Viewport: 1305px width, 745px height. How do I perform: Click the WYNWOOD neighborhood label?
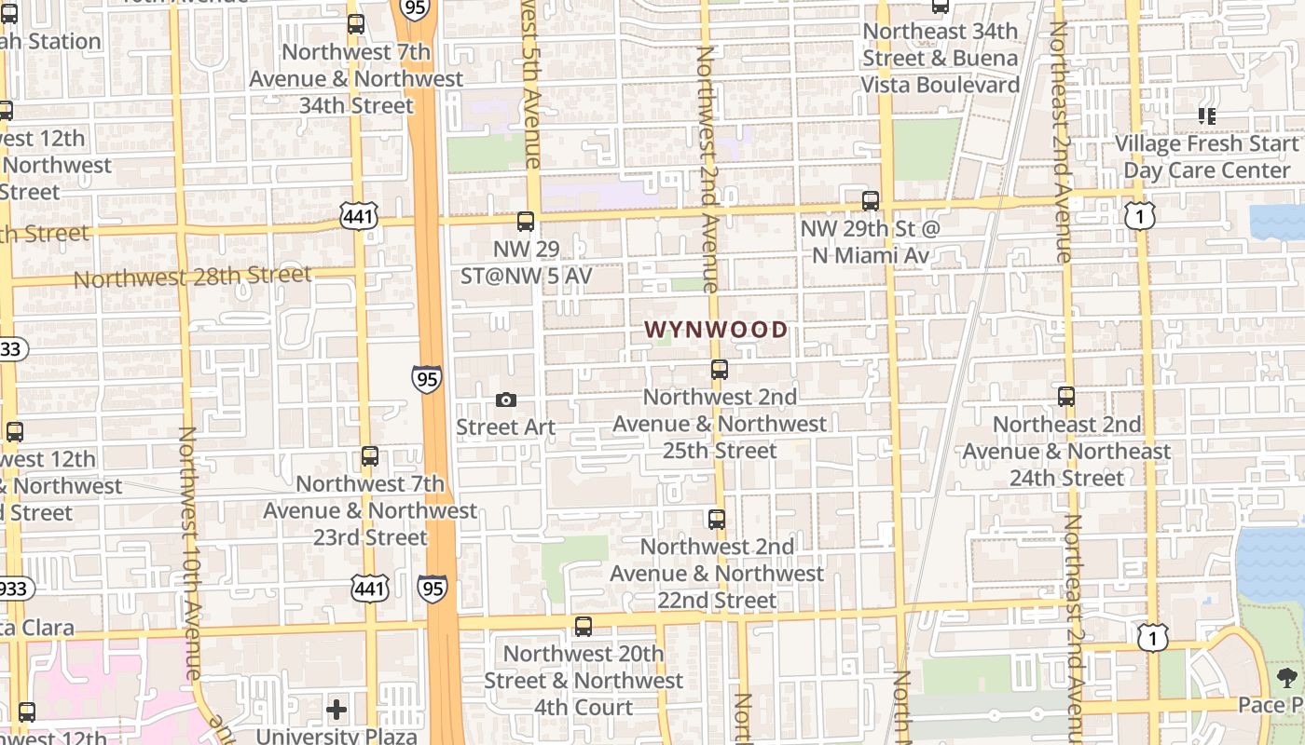716,330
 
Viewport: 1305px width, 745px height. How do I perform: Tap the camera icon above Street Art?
506,400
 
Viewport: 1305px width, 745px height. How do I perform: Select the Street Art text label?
505,427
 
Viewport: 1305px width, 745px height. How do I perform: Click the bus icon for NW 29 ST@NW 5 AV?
526,222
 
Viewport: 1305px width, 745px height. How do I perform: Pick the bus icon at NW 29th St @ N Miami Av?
871,200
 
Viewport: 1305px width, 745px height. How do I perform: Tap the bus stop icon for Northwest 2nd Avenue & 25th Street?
719,369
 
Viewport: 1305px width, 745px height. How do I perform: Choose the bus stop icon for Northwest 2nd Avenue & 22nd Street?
716,519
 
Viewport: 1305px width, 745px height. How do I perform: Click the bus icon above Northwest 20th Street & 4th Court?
584,627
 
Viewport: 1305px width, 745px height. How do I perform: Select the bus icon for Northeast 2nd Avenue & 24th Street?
1066,397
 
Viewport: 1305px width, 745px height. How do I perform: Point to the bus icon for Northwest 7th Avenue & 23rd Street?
370,456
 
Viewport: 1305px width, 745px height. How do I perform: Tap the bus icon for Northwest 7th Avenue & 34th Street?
356,24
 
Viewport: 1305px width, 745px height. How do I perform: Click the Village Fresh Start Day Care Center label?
1206,157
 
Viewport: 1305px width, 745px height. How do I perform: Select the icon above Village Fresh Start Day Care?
1207,116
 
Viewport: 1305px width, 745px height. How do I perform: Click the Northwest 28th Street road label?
192,277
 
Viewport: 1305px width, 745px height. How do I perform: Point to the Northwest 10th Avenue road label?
189,553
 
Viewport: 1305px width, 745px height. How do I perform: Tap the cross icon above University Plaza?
337,711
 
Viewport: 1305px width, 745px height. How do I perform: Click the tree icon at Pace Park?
1287,677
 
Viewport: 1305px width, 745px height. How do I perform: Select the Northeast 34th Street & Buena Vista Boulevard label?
940,58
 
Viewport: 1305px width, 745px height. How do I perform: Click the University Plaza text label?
337,736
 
